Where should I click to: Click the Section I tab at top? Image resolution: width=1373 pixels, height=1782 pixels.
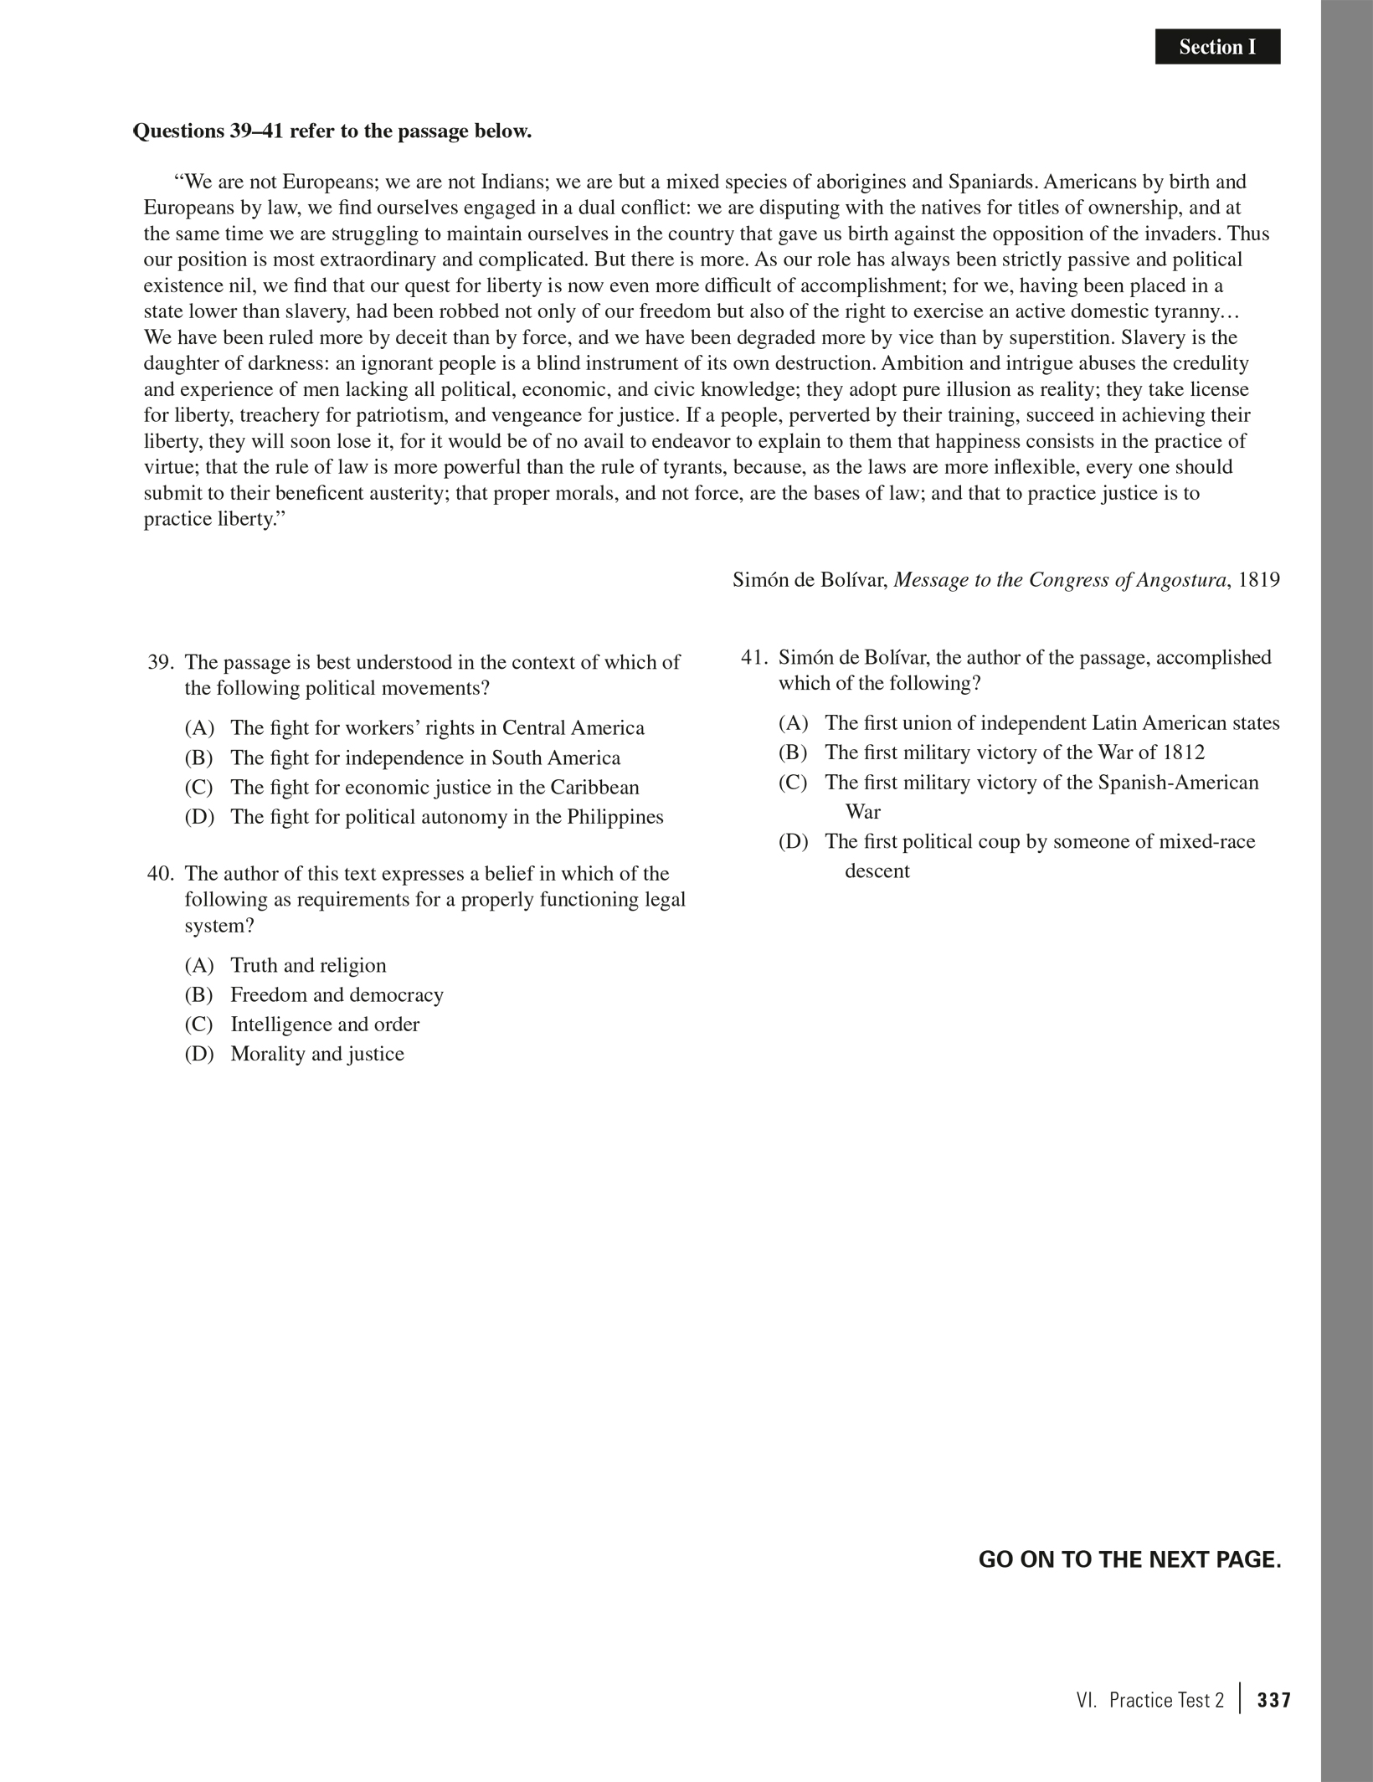click(1217, 47)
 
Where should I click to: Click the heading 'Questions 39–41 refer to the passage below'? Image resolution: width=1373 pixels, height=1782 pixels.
click(332, 131)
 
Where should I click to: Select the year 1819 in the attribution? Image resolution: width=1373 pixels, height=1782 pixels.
click(1258, 580)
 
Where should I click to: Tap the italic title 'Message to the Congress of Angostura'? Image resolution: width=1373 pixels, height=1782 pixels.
click(1060, 580)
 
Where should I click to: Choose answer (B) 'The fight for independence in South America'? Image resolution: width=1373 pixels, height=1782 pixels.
click(425, 758)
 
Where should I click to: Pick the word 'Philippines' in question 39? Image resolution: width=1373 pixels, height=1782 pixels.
click(615, 817)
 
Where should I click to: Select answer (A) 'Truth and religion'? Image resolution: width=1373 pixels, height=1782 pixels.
click(308, 966)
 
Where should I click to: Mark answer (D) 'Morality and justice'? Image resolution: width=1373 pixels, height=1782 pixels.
click(316, 1054)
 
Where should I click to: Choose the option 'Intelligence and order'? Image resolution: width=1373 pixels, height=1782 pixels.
click(325, 1025)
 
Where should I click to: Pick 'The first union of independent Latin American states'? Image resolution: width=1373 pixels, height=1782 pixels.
click(1052, 723)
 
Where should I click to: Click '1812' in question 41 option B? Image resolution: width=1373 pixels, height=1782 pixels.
click(1184, 752)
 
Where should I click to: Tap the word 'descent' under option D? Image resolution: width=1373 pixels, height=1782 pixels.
click(877, 871)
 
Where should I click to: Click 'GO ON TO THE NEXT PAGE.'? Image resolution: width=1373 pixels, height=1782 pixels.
click(1129, 1560)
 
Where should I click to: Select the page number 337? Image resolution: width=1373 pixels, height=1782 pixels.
click(1274, 1701)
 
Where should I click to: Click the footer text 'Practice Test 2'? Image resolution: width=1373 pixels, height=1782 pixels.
click(1166, 1701)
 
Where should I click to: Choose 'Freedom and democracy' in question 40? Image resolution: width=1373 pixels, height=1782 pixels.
click(337, 995)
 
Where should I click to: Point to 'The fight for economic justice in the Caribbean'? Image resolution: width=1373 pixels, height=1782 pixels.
click(435, 788)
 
